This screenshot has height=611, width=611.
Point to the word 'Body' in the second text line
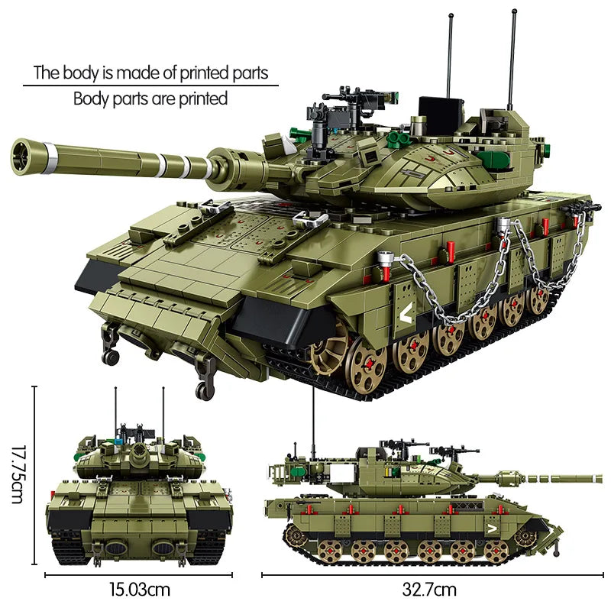[90, 99]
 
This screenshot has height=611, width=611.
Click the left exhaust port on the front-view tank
[115, 548]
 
